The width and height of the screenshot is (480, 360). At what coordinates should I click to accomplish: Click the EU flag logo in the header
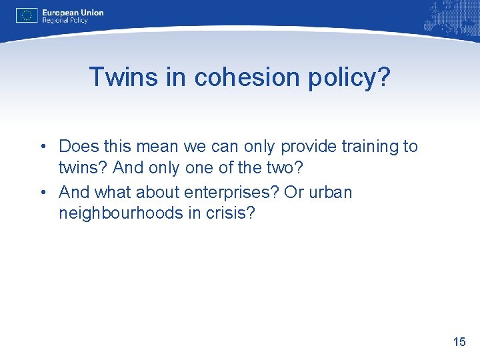click(x=27, y=15)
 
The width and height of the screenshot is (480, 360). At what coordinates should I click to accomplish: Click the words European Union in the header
click(x=73, y=12)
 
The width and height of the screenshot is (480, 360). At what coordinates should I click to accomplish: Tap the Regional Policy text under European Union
click(x=65, y=21)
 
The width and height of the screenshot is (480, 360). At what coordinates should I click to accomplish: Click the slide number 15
click(x=459, y=342)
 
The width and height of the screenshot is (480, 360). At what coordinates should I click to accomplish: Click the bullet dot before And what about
click(x=42, y=193)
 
